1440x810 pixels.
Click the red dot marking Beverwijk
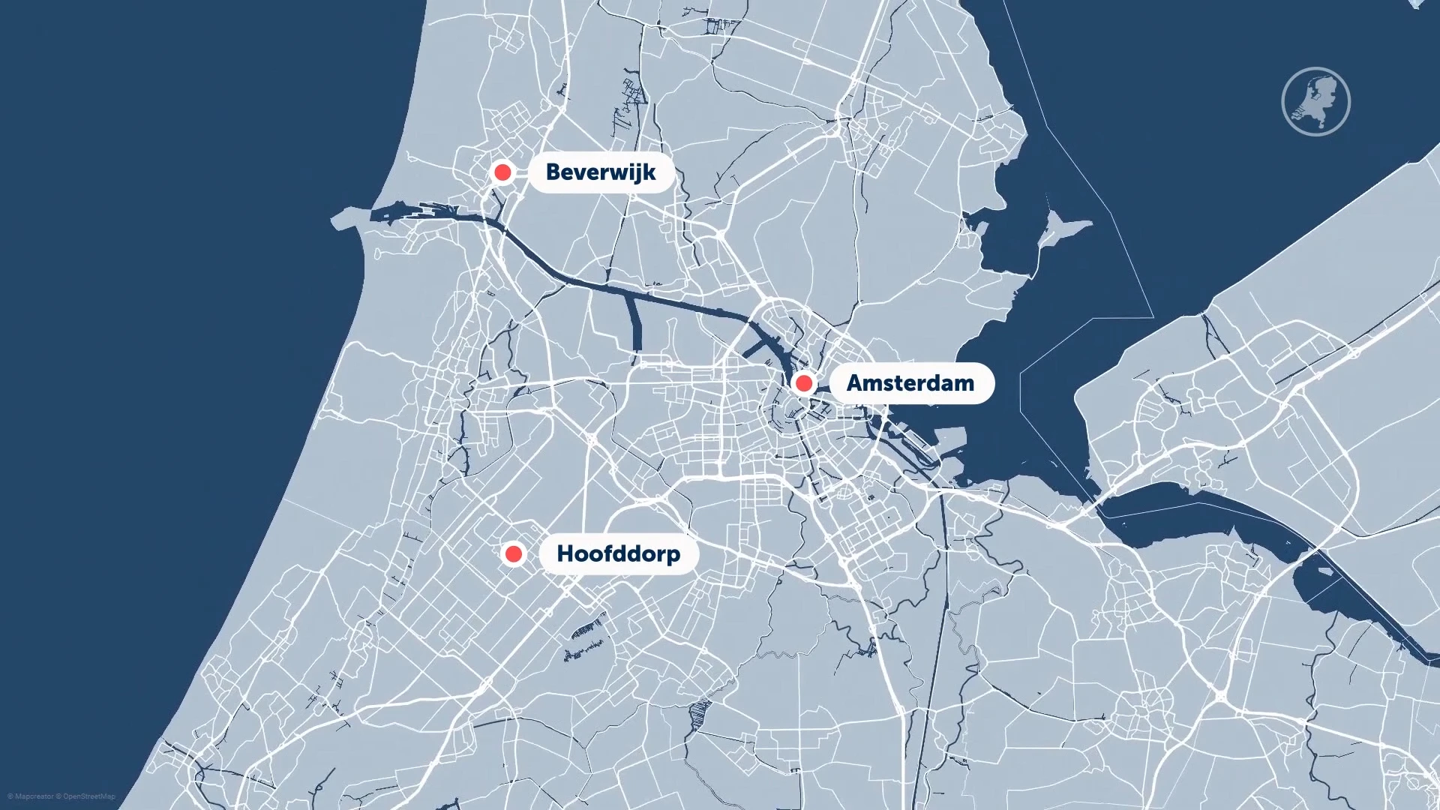coord(502,172)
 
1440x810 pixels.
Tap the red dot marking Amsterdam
coord(803,384)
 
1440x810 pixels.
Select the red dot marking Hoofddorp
coord(514,554)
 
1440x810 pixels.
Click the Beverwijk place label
coord(600,172)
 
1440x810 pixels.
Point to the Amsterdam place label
coord(910,383)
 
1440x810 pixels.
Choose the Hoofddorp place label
coord(618,554)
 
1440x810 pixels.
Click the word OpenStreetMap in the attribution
coord(89,796)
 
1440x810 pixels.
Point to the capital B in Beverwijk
coord(553,172)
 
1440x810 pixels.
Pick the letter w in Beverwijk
coord(613,173)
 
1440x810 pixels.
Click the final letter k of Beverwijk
coord(649,172)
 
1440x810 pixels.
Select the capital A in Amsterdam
coord(856,383)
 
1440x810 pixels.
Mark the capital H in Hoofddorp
coord(565,554)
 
